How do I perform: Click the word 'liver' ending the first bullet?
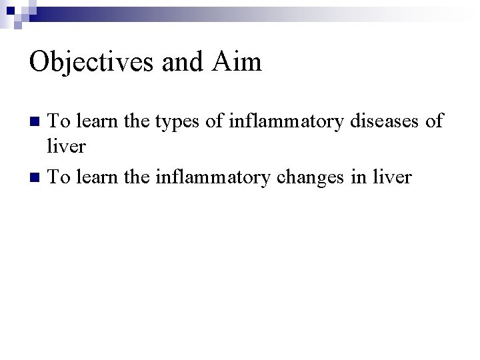(x=67, y=145)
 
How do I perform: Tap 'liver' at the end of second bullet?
(x=392, y=177)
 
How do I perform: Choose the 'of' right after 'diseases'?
(x=433, y=121)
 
